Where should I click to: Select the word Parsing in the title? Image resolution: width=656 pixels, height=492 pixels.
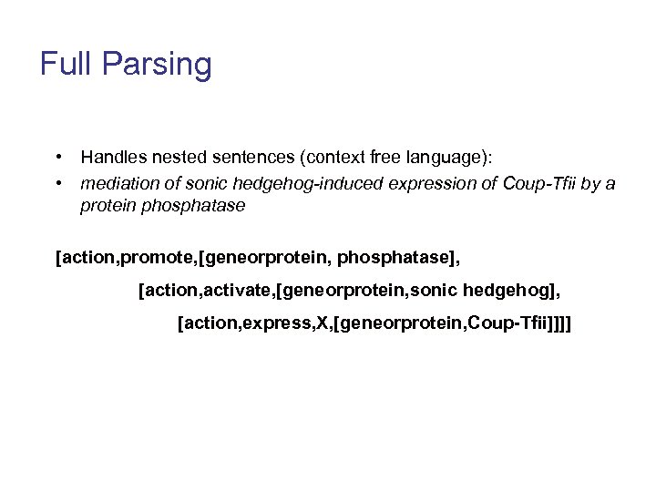156,66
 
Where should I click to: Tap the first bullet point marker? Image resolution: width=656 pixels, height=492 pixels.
57,159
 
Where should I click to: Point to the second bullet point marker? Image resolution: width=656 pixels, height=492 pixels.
57,183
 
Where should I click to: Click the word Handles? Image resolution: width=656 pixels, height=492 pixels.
110,159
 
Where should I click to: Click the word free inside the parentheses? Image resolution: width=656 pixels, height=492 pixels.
362,159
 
